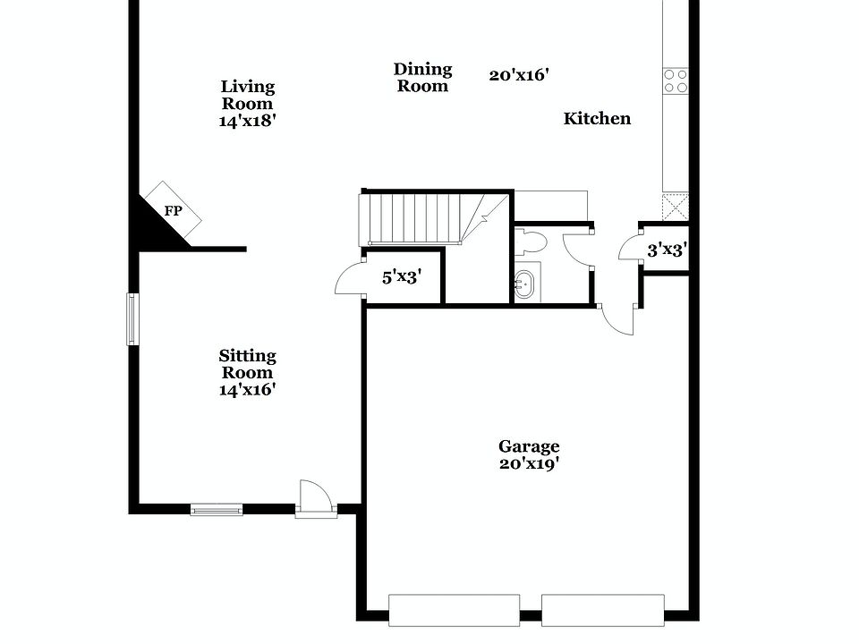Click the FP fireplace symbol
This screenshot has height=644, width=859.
point(174,211)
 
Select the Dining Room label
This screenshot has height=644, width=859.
point(423,78)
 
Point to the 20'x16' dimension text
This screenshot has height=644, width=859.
point(519,75)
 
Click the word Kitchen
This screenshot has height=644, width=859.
point(597,118)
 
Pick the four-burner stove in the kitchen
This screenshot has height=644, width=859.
point(676,81)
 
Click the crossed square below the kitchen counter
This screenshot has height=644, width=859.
point(676,207)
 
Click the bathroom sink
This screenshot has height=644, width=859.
point(527,284)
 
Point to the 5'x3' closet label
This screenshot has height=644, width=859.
point(402,276)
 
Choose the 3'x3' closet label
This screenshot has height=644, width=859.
point(666,250)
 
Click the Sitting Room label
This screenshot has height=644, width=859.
point(248,372)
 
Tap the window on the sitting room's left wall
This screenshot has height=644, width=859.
point(132,318)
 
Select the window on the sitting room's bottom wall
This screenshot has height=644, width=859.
point(217,510)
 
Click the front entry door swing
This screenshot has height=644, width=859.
point(315,497)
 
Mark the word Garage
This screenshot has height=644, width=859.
point(529,446)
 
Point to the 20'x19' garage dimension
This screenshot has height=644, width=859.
point(529,464)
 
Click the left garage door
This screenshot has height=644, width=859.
point(454,610)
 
